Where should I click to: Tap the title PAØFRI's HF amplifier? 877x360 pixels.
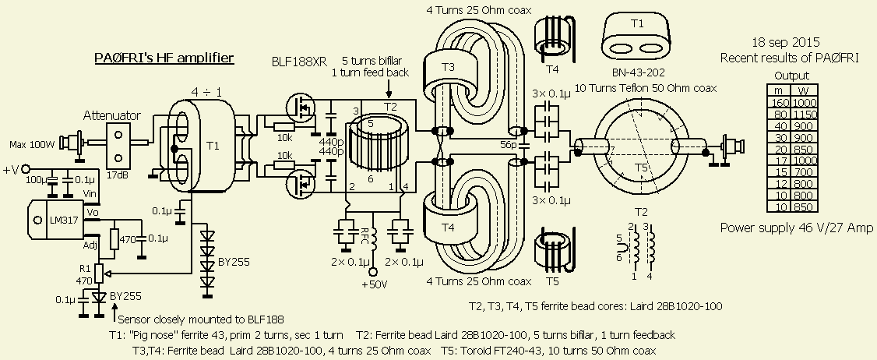(x=164, y=58)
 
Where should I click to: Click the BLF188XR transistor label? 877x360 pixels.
(x=299, y=62)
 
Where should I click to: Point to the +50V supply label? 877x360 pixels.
(x=373, y=283)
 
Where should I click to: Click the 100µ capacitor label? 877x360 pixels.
(x=36, y=180)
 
